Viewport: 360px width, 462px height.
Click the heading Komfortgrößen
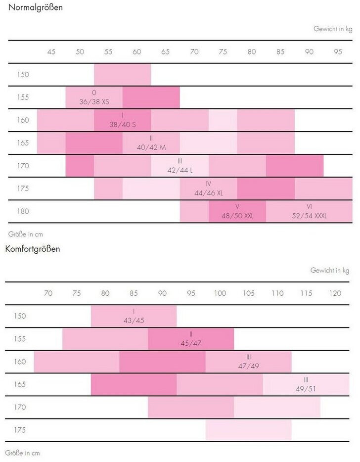(33, 248)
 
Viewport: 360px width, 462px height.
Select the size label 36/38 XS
(94, 102)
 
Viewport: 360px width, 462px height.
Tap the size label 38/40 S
(122, 125)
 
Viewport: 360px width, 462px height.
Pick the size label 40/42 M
(151, 147)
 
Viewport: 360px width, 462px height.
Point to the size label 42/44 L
(180, 170)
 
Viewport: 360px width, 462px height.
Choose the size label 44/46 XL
(208, 193)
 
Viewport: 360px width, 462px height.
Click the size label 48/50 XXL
(237, 216)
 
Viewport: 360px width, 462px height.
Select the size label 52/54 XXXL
(310, 216)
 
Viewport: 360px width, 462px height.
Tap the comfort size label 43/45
(134, 320)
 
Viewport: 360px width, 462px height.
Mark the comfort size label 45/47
(191, 343)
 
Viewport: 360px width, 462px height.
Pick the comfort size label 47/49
(248, 366)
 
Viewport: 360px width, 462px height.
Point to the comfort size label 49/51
(306, 388)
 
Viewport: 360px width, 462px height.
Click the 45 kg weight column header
(51, 52)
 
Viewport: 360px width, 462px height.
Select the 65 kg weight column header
(166, 52)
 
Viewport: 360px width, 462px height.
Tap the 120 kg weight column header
(335, 293)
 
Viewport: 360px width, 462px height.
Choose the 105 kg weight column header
(249, 293)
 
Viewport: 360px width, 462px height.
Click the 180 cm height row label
(23, 211)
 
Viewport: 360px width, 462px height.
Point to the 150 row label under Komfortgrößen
(20, 316)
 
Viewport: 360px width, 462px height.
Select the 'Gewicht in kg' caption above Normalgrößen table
(333, 29)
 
